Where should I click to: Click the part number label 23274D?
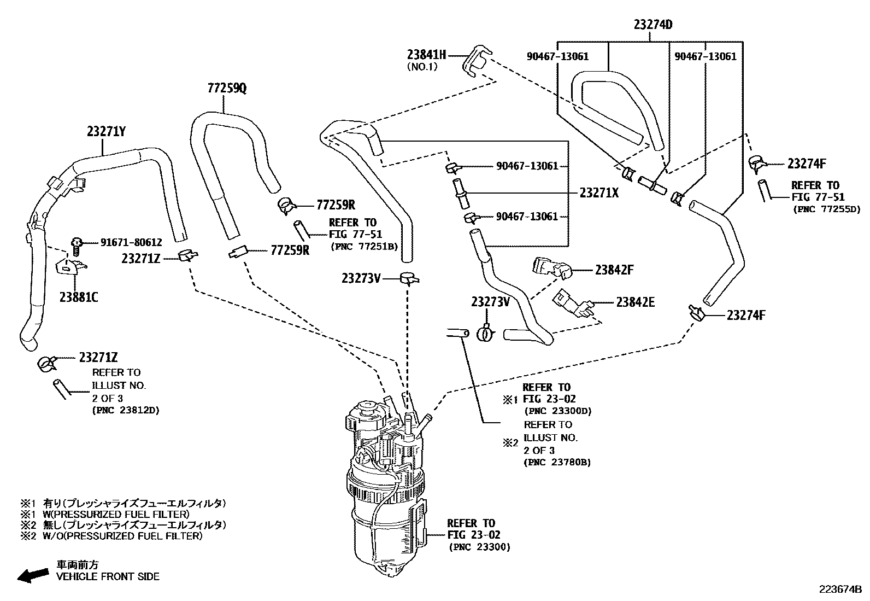click(x=652, y=25)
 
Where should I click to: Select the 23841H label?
click(x=426, y=54)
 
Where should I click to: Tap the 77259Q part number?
click(x=227, y=88)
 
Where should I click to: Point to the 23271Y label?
click(x=106, y=131)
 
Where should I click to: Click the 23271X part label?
click(x=599, y=192)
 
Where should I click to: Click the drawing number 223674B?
click(x=839, y=589)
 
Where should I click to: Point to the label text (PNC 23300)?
click(x=479, y=547)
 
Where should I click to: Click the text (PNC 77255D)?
click(x=826, y=209)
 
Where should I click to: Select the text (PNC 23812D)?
click(x=126, y=410)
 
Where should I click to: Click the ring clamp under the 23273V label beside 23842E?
click(x=486, y=333)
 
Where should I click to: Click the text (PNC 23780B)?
click(x=557, y=462)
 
